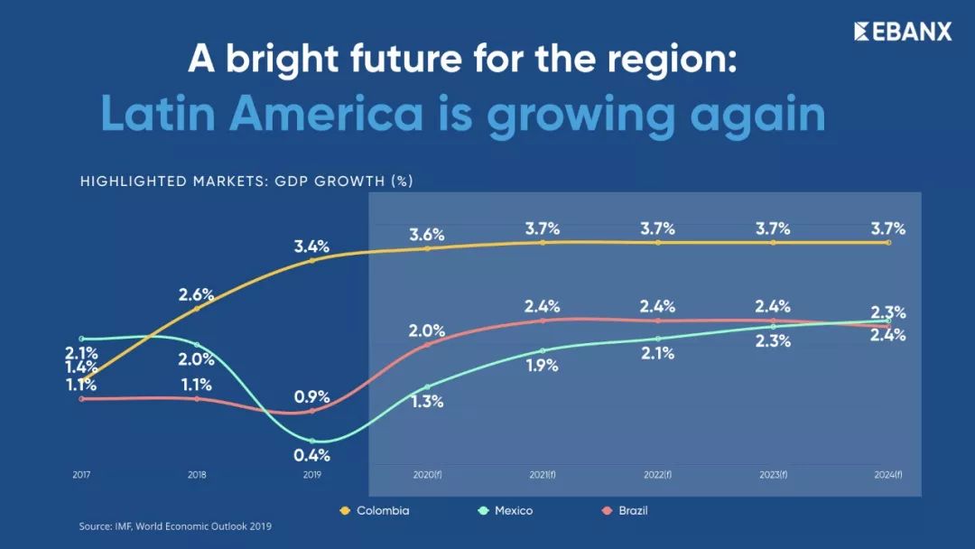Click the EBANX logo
[x=903, y=32]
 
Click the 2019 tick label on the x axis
[x=311, y=474]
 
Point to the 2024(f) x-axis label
[x=888, y=474]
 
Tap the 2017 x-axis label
[x=82, y=474]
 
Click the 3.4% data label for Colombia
[x=311, y=246]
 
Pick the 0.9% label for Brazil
[x=311, y=395]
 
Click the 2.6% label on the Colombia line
[x=196, y=293]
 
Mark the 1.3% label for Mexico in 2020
[x=427, y=402]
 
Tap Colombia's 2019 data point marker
[x=311, y=260]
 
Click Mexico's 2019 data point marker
[x=311, y=441]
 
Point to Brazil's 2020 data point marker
[x=427, y=345]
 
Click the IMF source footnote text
[x=175, y=526]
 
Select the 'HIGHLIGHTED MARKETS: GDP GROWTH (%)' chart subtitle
[x=246, y=181]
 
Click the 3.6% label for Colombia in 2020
[x=427, y=235]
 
